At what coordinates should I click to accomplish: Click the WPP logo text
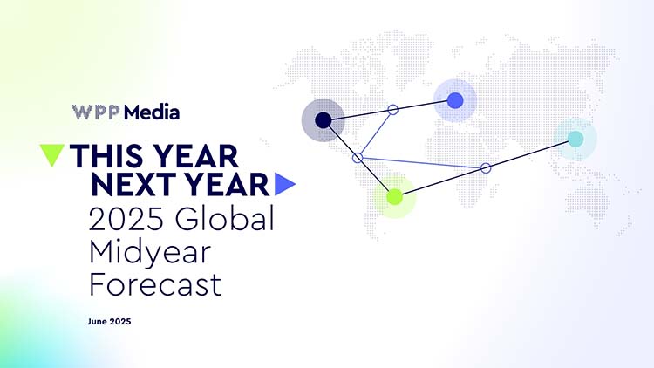pos(96,112)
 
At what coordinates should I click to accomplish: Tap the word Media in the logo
pos(152,112)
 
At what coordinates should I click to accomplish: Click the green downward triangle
pos(51,155)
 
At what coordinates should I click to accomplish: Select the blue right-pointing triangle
pos(285,184)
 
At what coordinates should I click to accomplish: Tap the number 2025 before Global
pos(126,219)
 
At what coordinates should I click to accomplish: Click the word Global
pos(225,218)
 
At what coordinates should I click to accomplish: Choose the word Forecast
pos(155,284)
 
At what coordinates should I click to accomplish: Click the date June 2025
pos(109,321)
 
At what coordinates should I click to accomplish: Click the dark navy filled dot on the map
pos(323,120)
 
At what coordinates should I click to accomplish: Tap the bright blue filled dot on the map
pos(455,100)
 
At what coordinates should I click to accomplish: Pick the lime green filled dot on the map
pos(394,196)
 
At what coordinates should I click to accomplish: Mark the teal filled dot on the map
pos(576,139)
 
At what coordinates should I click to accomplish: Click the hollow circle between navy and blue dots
pos(393,110)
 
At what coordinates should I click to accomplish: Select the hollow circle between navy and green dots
pos(358,158)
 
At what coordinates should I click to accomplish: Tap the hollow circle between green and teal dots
pos(486,168)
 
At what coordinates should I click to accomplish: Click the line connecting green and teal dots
pos(485,168)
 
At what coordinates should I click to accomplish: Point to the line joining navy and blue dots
pos(389,111)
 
